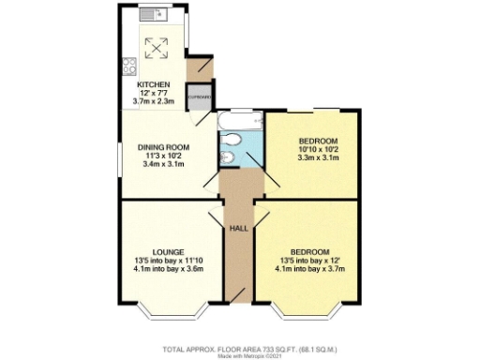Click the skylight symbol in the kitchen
point(154,45)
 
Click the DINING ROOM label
point(164,147)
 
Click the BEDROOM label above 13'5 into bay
point(307,252)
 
